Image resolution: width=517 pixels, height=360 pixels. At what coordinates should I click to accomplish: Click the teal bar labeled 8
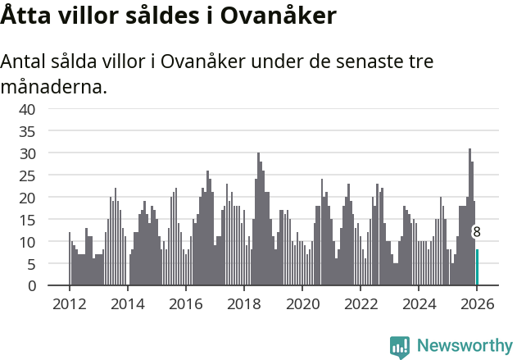(478, 267)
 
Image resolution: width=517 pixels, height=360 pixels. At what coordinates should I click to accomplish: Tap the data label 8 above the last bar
(477, 233)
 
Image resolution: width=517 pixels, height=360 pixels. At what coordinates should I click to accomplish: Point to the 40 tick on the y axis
(27, 109)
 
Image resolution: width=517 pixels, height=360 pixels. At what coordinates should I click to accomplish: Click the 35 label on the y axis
(27, 131)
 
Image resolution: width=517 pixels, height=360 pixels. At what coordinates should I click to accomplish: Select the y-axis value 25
(27, 175)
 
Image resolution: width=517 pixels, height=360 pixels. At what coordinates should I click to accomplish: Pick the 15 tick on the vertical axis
(27, 220)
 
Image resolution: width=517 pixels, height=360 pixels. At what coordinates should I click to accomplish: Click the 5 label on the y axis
(31, 264)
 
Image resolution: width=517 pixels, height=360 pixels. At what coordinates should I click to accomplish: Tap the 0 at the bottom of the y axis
(31, 286)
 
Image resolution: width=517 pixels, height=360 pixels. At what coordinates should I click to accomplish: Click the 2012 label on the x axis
(69, 303)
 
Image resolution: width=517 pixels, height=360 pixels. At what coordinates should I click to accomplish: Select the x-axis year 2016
(185, 303)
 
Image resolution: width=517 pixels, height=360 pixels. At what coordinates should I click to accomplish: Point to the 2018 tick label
(243, 303)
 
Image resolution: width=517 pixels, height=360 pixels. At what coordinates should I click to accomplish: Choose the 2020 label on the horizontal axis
(302, 303)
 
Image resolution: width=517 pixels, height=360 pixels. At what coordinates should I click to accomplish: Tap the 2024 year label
(418, 303)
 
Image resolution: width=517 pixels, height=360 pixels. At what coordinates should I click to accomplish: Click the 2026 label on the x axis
(476, 303)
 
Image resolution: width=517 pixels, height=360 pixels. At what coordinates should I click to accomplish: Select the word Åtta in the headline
(25, 16)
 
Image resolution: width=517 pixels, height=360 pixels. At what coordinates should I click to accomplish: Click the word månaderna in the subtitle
(54, 86)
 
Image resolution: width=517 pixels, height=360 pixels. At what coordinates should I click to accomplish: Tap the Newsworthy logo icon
(400, 347)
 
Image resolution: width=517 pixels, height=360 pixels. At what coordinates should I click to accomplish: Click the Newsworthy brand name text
(464, 347)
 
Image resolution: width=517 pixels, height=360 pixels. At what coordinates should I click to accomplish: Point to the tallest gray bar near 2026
(469, 217)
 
